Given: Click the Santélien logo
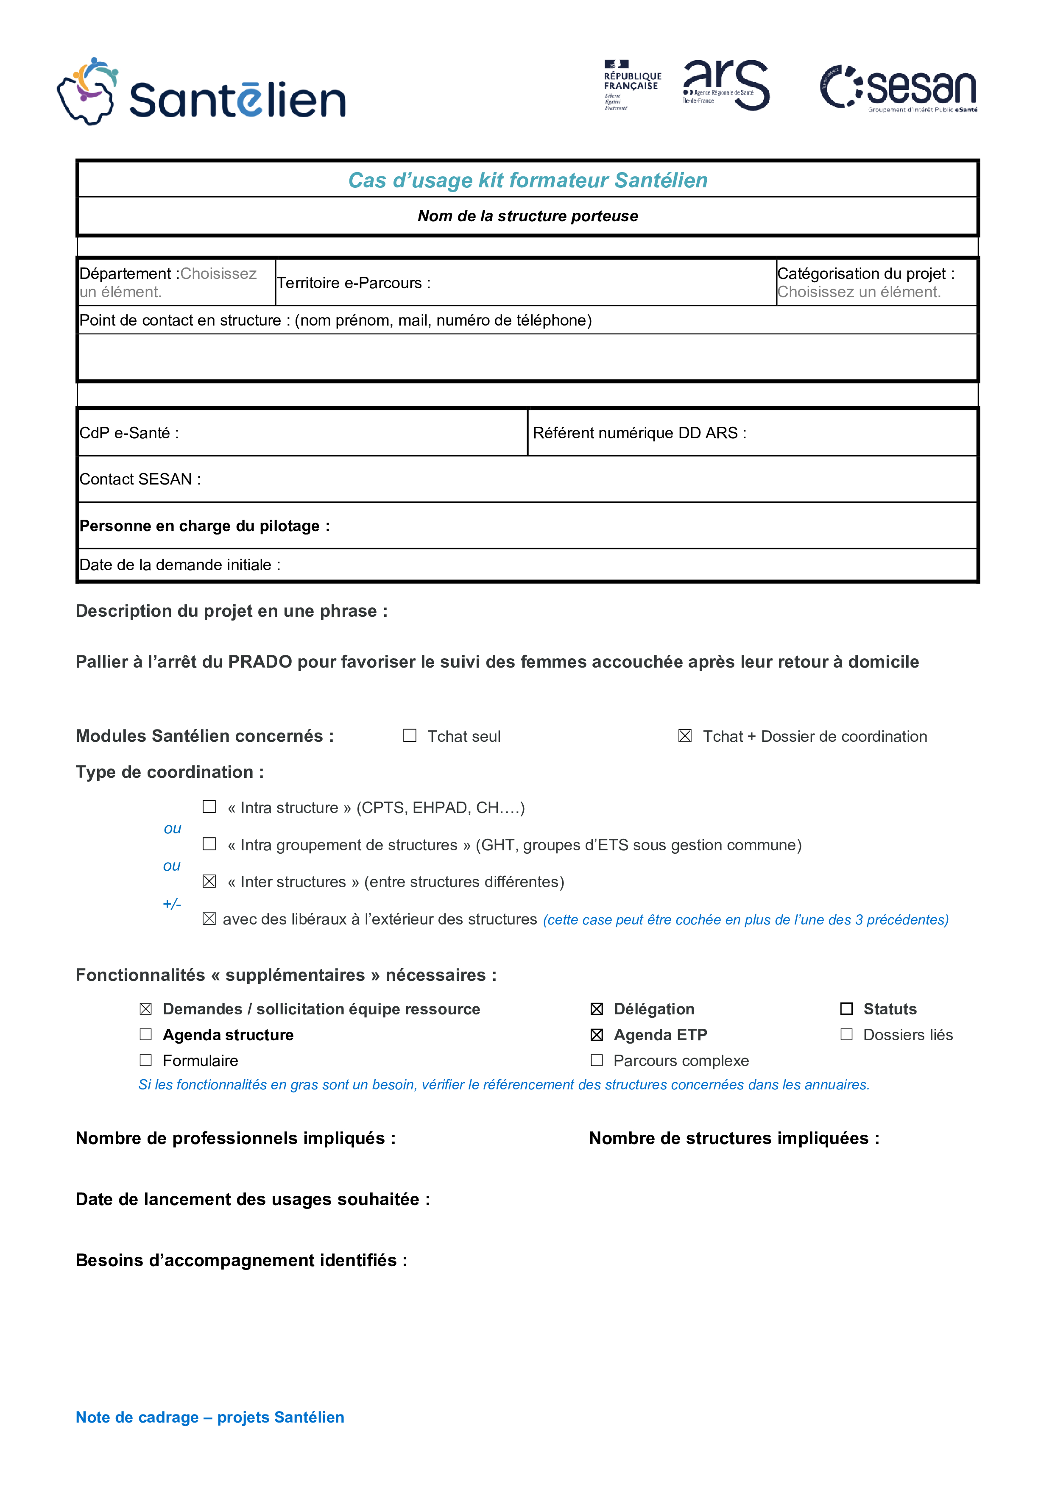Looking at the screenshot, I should click(201, 92).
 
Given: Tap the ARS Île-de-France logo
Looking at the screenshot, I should click(726, 84).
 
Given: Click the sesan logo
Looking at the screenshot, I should click(899, 88).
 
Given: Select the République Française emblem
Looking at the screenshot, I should click(632, 84).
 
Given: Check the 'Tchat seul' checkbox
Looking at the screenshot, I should click(410, 736).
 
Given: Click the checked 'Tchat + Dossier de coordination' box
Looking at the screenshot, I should click(685, 736).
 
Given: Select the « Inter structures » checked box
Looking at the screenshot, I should click(209, 881).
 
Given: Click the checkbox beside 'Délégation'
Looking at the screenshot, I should click(597, 1009).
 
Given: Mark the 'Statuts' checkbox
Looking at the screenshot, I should click(846, 1009).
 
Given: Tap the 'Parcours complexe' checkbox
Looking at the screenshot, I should click(597, 1060).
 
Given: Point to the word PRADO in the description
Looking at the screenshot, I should click(260, 662).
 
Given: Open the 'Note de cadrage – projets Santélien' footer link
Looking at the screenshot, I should click(210, 1417).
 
